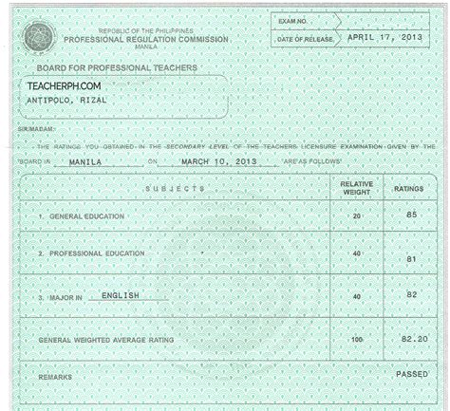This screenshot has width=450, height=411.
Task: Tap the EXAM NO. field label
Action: pyautogui.click(x=295, y=19)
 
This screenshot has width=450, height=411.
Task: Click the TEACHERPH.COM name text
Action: pyautogui.click(x=66, y=85)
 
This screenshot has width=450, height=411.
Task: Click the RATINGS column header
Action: pyautogui.click(x=409, y=189)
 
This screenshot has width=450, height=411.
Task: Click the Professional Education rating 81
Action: pyautogui.click(x=412, y=259)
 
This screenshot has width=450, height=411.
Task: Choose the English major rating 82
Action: pyautogui.click(x=412, y=296)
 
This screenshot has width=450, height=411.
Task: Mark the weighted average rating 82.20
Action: pyautogui.click(x=412, y=337)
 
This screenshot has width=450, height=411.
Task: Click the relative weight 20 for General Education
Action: pyautogui.click(x=357, y=216)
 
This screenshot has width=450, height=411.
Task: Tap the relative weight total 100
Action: pyautogui.click(x=357, y=339)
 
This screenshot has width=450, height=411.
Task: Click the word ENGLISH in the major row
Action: pyautogui.click(x=120, y=295)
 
